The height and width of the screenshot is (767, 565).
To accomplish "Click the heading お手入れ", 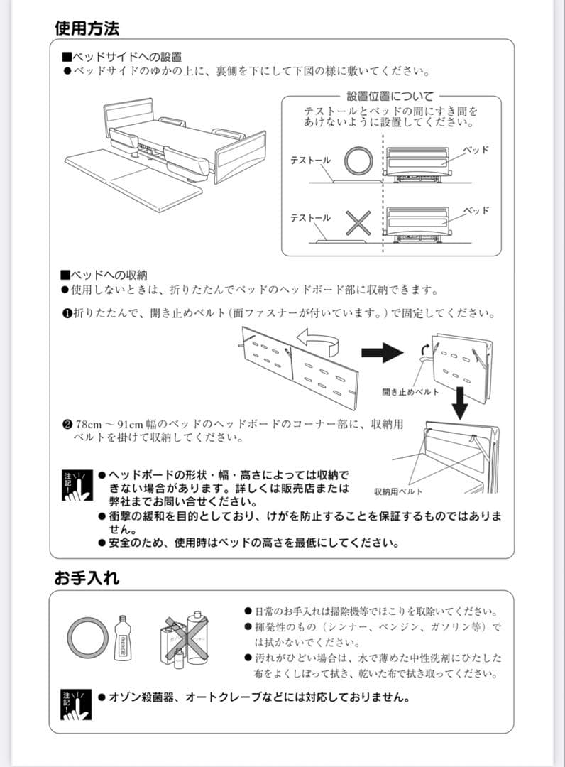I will [x=87, y=578].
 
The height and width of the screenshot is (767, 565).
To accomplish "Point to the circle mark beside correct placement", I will [x=358, y=161].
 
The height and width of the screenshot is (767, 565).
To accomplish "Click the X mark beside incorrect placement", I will [x=358, y=224].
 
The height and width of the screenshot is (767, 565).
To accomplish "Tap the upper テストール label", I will [x=310, y=161].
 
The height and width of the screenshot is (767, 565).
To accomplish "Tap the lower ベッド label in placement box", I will [x=476, y=211].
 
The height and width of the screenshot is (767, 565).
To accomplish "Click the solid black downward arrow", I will [x=460, y=403].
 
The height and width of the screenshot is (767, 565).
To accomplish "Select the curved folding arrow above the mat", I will [x=318, y=339].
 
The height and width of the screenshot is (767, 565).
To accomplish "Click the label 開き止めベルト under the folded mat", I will [x=410, y=392].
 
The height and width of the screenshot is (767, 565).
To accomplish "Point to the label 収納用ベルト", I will [x=398, y=491].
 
